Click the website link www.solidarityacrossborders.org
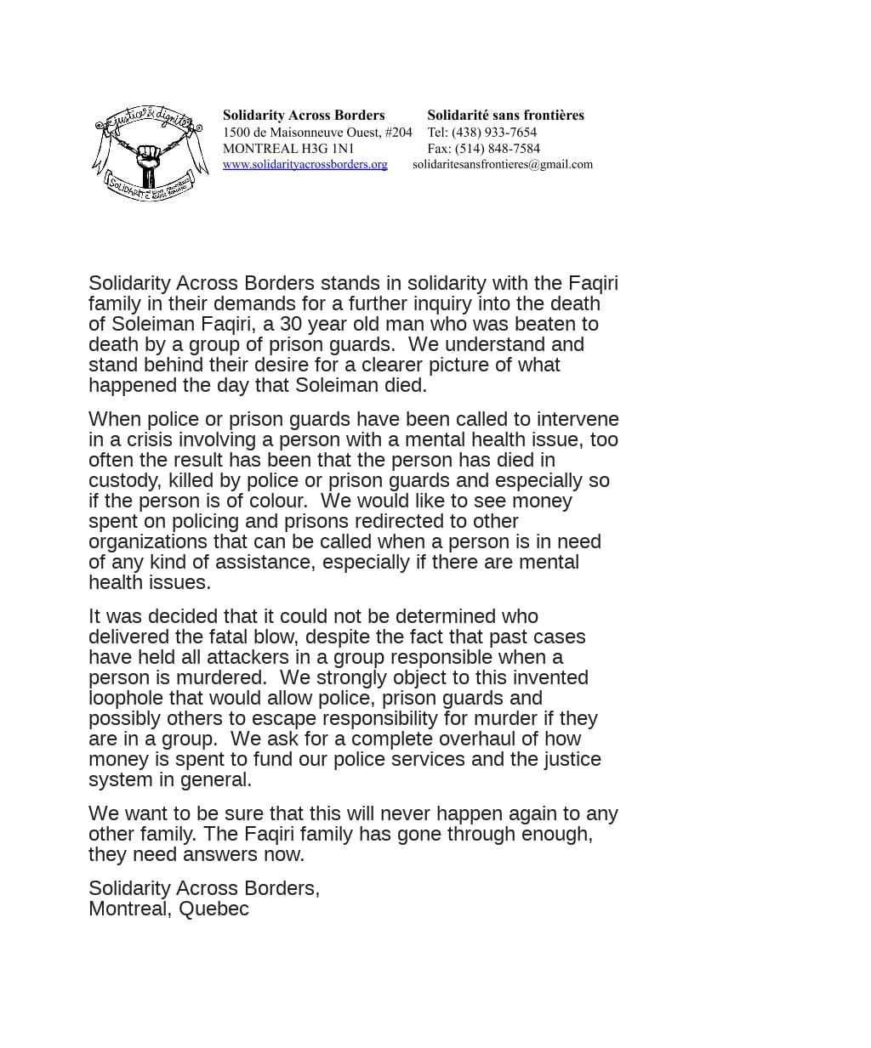point(305,164)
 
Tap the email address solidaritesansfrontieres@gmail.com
point(503,164)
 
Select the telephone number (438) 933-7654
point(494,132)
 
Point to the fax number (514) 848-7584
point(497,148)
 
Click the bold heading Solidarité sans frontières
point(505,115)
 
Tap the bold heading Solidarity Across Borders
point(304,115)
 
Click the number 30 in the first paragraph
point(291,324)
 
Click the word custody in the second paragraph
point(123,480)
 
